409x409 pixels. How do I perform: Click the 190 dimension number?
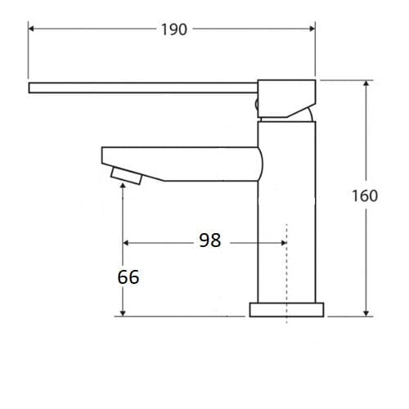173,29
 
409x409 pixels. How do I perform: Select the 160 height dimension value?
365,196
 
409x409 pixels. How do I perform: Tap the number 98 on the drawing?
210,240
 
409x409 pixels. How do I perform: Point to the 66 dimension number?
128,277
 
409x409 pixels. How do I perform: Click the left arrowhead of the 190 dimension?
33,29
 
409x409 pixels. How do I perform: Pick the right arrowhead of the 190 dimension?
312,29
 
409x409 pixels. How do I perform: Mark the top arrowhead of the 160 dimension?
366,84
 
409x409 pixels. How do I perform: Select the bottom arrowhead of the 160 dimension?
366,312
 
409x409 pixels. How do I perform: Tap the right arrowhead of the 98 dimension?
282,243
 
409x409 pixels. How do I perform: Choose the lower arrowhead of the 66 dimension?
123,312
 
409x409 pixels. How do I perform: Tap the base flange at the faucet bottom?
286,309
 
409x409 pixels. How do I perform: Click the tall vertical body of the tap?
286,213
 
